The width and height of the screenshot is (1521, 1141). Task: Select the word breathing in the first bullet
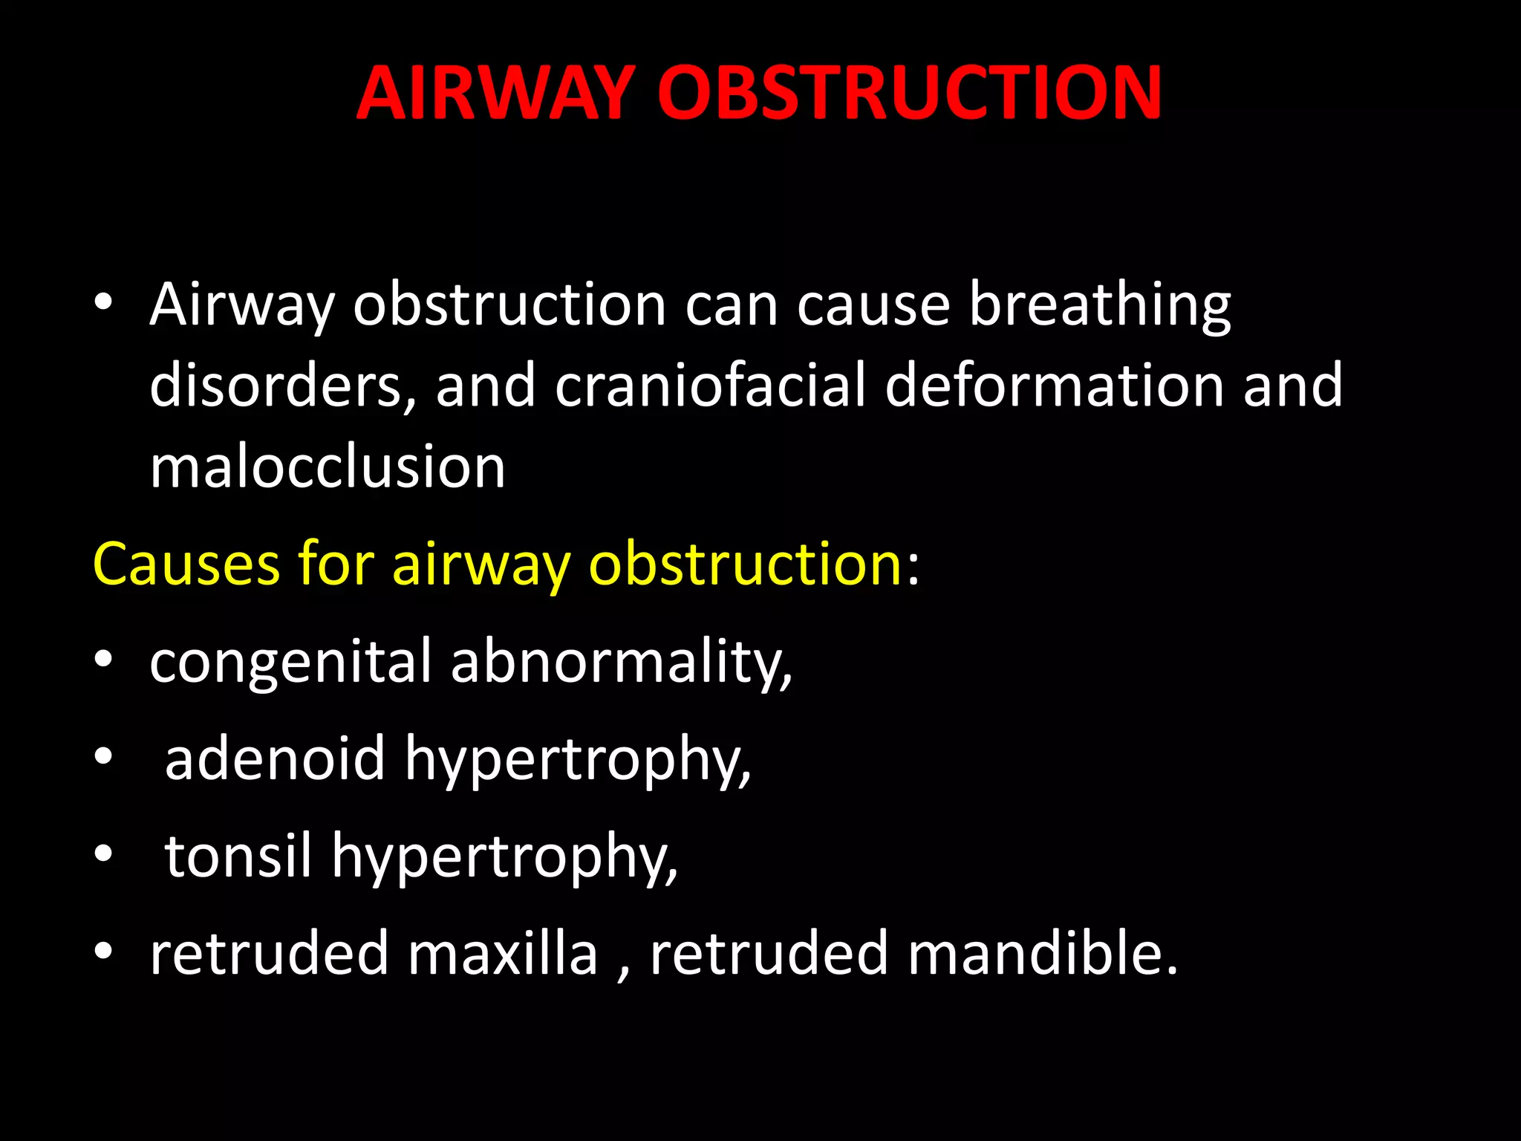coord(1100,306)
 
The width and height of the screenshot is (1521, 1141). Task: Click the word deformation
coord(1055,386)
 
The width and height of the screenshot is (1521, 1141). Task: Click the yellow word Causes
coord(186,564)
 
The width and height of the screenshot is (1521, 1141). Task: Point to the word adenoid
coord(275,759)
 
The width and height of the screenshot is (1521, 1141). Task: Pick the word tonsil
coord(238,856)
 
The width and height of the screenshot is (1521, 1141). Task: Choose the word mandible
coord(1042,953)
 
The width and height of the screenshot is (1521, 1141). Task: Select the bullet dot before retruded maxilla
coord(103,950)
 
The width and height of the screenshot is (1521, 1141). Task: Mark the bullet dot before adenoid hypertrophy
coord(103,756)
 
